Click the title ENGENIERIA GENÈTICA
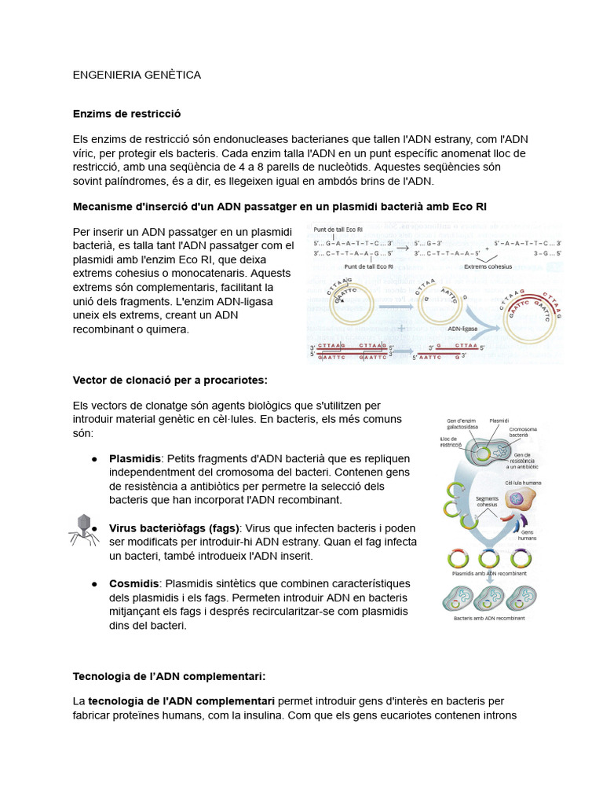137,75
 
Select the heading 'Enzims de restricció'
126,114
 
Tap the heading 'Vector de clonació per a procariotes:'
170,380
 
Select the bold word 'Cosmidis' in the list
134,583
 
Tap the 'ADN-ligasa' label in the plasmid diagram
464,329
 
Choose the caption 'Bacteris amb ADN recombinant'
489,619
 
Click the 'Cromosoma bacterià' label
523,432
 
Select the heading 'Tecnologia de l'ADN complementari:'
169,676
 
